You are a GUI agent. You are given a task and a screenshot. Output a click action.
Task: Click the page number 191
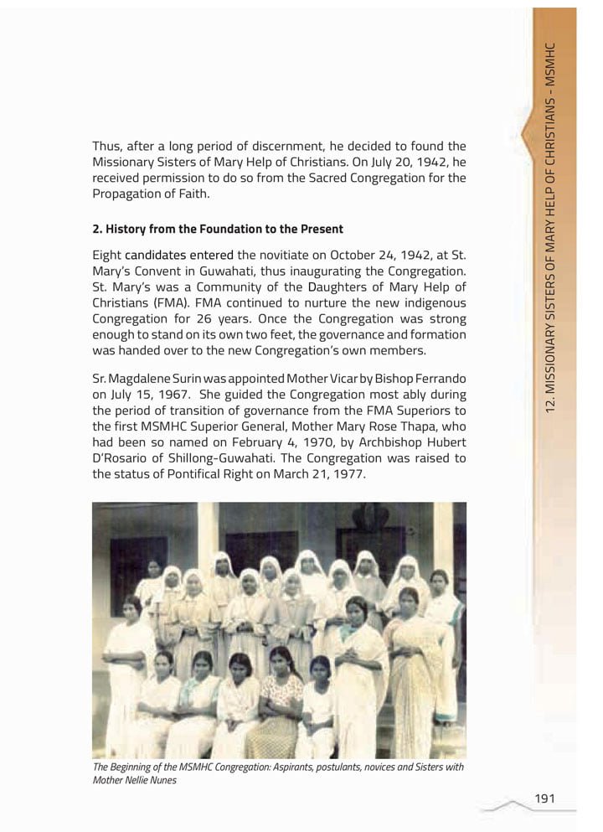tap(544, 798)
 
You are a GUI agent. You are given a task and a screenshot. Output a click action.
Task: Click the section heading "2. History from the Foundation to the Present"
tap(217, 229)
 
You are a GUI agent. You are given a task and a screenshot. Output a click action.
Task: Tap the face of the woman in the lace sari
tap(409, 603)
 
